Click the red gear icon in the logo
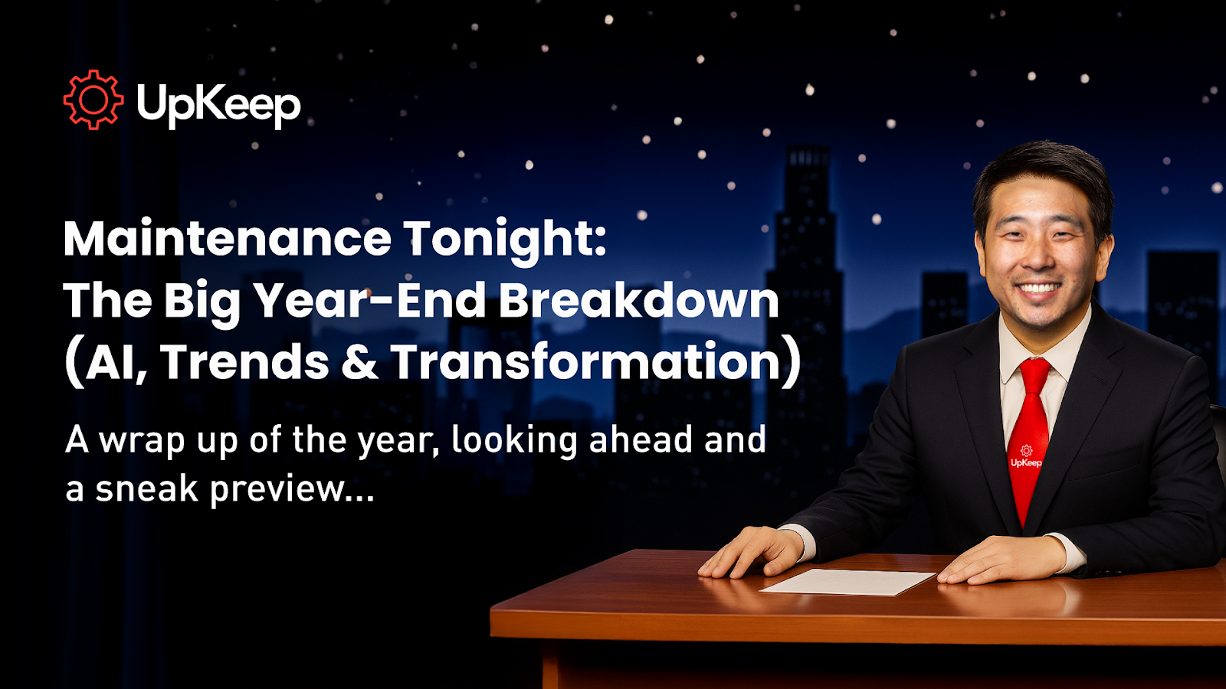coord(93,100)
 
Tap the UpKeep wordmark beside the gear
coord(219,105)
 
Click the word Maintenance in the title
coord(228,239)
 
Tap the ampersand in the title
coord(359,361)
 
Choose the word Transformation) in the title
coord(596,363)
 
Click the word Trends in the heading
coord(244,361)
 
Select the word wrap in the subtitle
coord(142,441)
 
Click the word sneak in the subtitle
coord(146,488)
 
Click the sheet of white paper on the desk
coord(847,581)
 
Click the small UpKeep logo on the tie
coord(1026,456)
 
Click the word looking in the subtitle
coord(514,441)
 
